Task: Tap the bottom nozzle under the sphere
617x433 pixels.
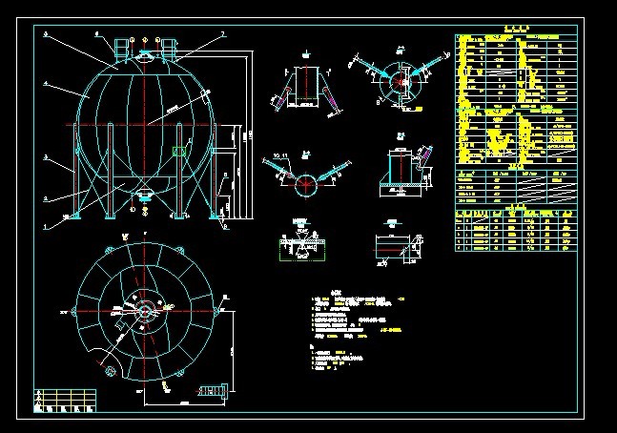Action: coord(145,196)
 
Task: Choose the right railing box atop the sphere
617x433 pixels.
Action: coord(170,47)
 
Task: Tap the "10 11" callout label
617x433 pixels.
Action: coord(280,154)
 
